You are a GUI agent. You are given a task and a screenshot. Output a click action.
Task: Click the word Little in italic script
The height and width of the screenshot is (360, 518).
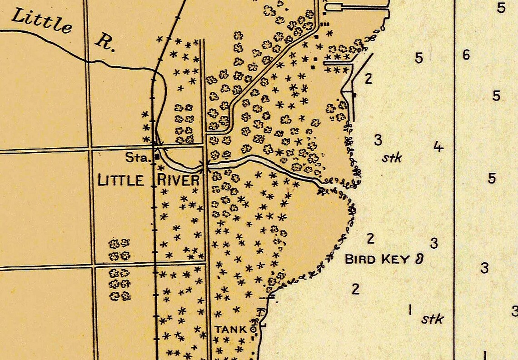(41, 20)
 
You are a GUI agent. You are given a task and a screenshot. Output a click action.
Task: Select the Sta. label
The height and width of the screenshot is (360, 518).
(138, 158)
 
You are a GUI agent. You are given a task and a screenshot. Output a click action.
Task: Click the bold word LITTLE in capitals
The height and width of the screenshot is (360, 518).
(121, 180)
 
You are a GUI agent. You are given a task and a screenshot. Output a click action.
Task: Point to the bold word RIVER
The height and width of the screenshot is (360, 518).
(178, 180)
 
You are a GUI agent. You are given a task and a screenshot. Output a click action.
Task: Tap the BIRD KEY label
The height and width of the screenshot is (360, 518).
(378, 260)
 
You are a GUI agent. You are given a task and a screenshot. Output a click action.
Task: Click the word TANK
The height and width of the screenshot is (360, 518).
(231, 329)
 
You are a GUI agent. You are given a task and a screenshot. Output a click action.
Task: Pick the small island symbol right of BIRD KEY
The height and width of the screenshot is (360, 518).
(419, 260)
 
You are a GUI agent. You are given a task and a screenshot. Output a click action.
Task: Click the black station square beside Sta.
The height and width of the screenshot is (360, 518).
(157, 156)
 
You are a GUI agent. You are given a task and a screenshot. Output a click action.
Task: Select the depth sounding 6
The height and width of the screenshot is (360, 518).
(466, 55)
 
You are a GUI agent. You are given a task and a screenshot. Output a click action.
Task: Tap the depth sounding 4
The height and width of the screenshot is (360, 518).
(438, 147)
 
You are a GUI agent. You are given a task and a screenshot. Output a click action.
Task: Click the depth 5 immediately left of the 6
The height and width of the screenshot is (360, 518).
(418, 58)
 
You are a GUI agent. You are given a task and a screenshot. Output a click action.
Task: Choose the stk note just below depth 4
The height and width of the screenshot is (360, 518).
(392, 158)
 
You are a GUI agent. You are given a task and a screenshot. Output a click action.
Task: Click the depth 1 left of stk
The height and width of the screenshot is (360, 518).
(410, 310)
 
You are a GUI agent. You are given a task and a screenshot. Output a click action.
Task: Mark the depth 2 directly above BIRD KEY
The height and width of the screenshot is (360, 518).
(370, 238)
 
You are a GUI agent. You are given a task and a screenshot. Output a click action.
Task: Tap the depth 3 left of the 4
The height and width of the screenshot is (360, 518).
(378, 140)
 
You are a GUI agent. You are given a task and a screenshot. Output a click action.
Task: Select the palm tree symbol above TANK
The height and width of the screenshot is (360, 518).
(261, 313)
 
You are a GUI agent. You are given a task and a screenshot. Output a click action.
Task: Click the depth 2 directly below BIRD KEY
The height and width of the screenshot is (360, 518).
(355, 289)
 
